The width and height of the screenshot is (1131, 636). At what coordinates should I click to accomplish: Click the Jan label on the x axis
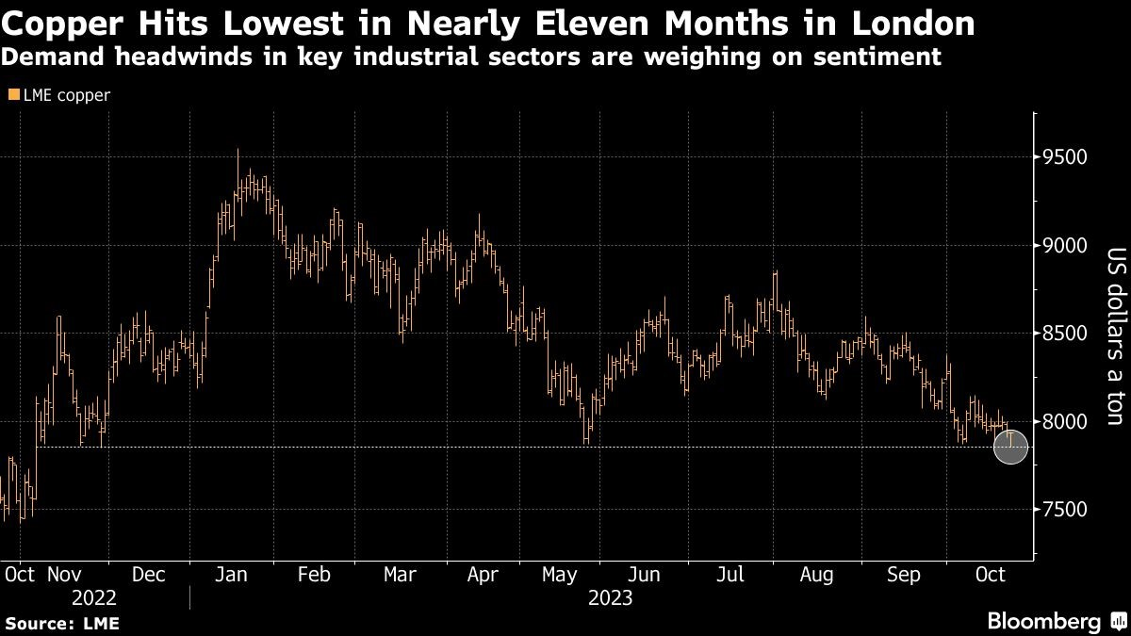coord(231,574)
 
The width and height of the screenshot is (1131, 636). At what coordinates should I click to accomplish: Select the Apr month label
coord(483,574)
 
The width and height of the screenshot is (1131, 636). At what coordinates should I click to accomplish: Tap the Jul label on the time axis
coord(732,574)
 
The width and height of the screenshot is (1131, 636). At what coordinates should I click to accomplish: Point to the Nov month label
coord(64,574)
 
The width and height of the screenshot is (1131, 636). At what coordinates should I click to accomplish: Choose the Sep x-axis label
coord(905,574)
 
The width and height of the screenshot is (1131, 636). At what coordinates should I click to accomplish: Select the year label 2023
coord(610,598)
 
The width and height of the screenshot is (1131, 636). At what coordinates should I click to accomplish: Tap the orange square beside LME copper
coord(10,95)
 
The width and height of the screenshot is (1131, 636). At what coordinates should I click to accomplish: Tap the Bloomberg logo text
coord(1043,621)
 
